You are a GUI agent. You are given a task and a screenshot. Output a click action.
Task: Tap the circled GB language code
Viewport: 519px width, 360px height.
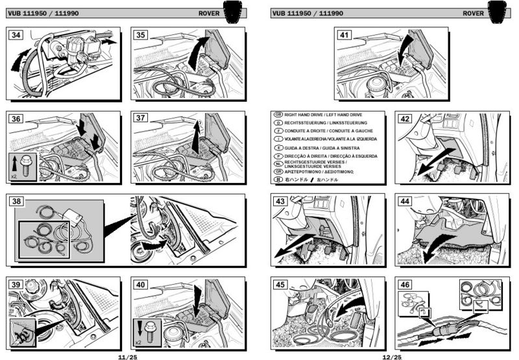pos(278,114)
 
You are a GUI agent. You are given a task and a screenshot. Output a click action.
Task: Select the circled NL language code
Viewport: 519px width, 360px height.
pos(278,163)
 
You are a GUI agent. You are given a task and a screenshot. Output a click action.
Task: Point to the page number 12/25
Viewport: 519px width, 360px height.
pos(392,356)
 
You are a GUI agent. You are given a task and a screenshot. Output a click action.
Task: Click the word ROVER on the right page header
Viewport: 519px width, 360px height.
pos(473,13)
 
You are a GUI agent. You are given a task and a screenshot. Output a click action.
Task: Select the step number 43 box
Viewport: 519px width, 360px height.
pos(281,202)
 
